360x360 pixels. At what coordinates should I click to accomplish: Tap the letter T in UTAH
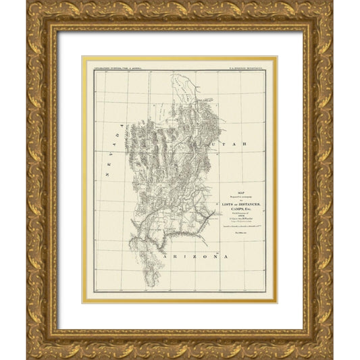(231, 146)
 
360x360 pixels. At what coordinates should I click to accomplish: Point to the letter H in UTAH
(249, 145)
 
